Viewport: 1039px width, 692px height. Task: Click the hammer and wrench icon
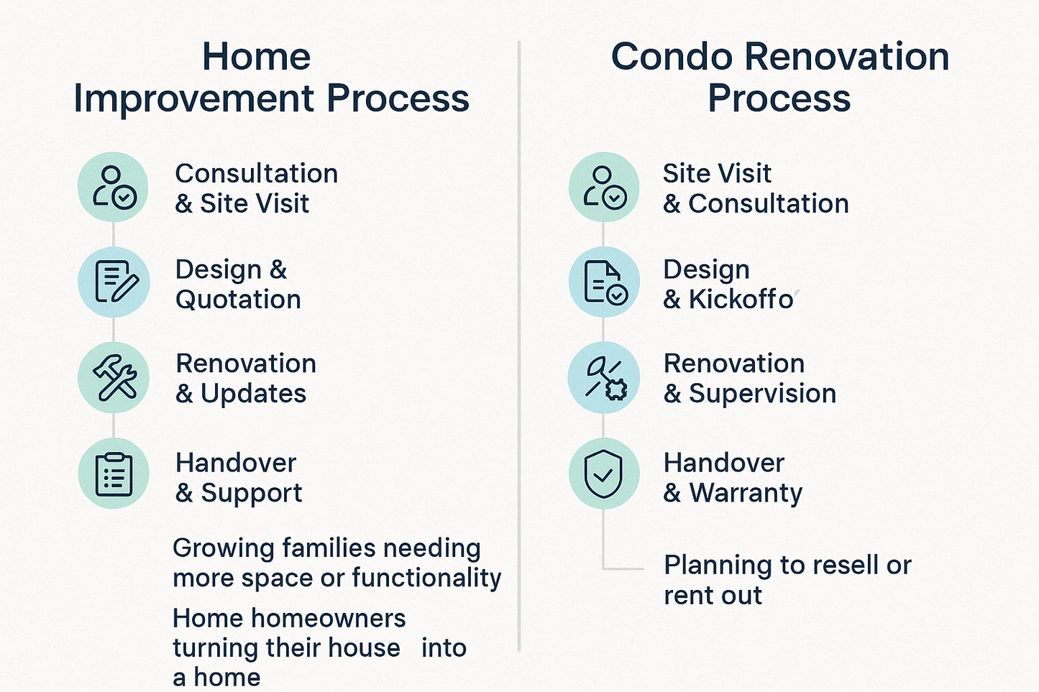[x=114, y=377]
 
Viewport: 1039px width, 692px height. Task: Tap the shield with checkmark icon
[x=603, y=474]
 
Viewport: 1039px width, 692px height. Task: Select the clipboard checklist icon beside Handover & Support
[x=114, y=474]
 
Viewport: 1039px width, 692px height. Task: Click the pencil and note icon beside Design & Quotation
[x=114, y=282]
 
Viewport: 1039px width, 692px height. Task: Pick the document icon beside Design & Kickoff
[x=603, y=282]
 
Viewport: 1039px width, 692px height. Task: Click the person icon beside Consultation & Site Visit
[x=114, y=188]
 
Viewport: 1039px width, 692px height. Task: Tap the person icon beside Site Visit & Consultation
[x=603, y=188]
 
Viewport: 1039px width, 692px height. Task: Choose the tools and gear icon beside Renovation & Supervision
[x=603, y=377]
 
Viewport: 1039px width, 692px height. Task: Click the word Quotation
[x=238, y=300]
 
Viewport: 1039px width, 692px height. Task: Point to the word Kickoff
[x=741, y=300]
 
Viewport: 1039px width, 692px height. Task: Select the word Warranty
[x=746, y=493]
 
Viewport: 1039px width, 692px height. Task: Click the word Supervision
[x=762, y=394]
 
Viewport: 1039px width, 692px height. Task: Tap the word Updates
[x=253, y=394]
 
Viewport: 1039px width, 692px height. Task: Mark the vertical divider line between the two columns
[x=519, y=345]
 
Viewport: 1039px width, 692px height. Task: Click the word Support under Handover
[x=251, y=493]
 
